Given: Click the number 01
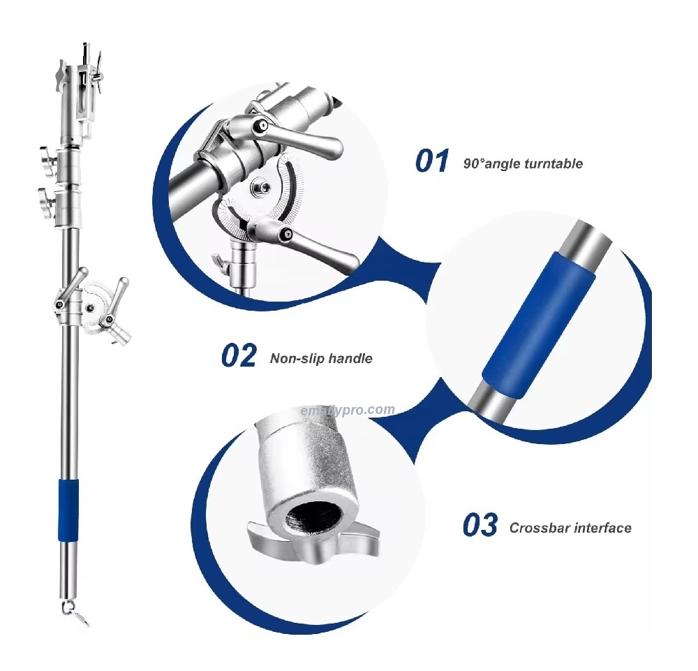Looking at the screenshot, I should tap(432, 161).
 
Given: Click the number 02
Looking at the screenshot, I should tap(239, 355).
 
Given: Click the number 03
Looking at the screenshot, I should tap(480, 525).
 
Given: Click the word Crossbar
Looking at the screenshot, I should tap(539, 529).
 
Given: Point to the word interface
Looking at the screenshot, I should tap(602, 529).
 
